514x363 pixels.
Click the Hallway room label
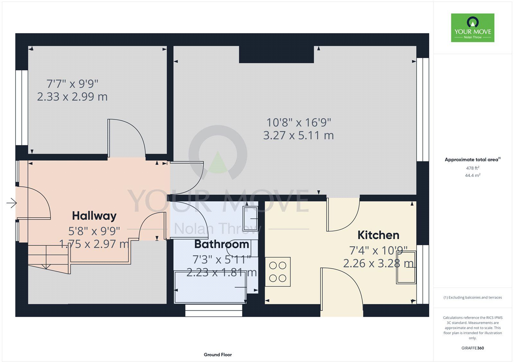point(94,216)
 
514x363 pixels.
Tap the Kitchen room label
point(378,235)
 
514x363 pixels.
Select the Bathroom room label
point(222,244)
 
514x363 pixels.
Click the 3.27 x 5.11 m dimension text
point(298,135)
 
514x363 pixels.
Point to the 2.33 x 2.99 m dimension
point(72,97)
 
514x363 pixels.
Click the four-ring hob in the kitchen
point(278,272)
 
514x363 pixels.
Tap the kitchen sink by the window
point(406,267)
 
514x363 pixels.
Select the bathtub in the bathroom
point(210,287)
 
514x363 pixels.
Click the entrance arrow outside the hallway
point(12,203)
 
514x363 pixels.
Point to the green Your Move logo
point(473,28)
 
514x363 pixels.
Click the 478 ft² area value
point(473,168)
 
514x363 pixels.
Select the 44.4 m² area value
point(473,175)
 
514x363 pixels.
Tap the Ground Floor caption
point(218,355)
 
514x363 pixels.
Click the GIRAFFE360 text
point(473,348)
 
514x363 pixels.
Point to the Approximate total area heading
point(473,160)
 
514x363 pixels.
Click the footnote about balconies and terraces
point(473,298)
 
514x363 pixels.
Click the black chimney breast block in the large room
point(277,54)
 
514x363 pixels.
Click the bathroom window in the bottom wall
point(214,310)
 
